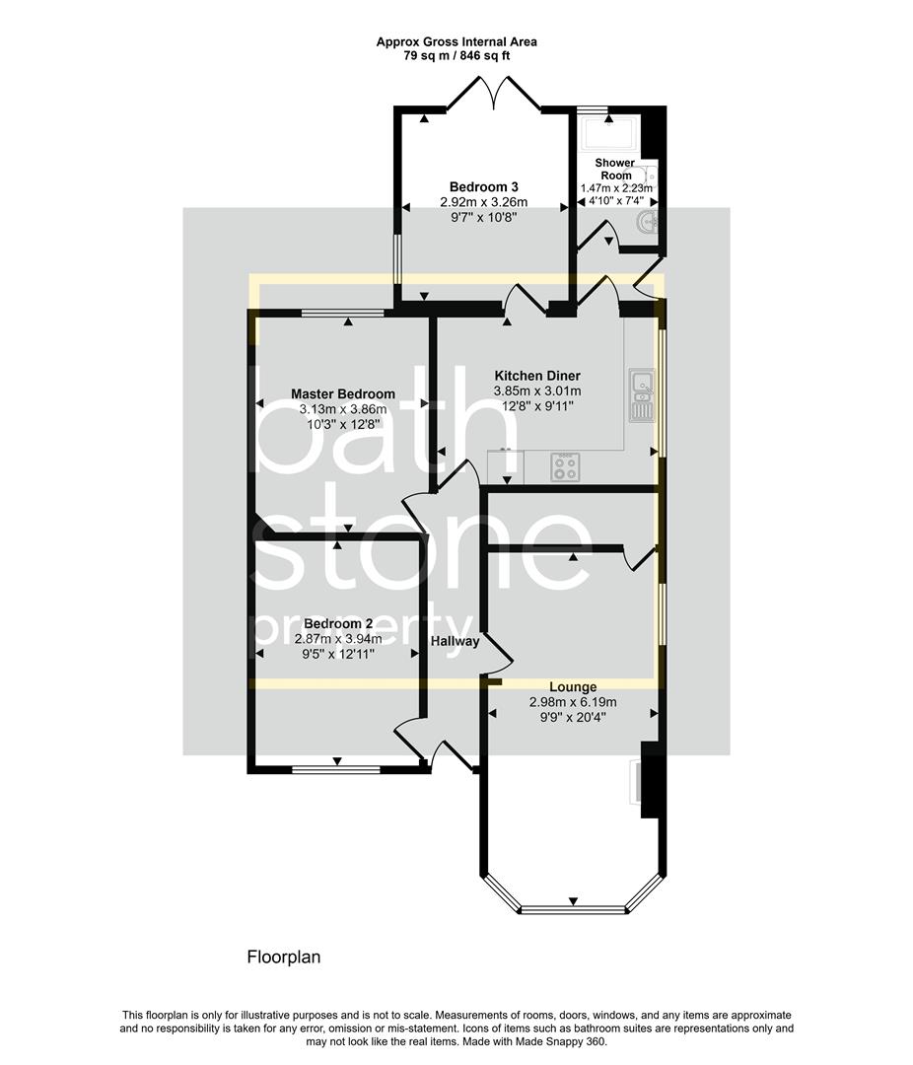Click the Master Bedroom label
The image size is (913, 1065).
[342, 393]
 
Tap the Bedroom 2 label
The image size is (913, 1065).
[338, 624]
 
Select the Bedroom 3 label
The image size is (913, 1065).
[484, 186]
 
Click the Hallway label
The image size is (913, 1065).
[455, 642]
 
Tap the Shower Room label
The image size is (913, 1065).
[615, 169]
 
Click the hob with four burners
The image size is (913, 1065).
[565, 466]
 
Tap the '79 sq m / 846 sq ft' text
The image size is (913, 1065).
[456, 56]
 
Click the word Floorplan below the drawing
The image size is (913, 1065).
[283, 957]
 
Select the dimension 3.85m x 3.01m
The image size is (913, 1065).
[537, 390]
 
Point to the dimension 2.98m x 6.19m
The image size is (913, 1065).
[573, 702]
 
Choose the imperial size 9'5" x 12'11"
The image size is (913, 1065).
[338, 653]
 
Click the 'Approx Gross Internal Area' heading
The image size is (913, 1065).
[456, 41]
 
